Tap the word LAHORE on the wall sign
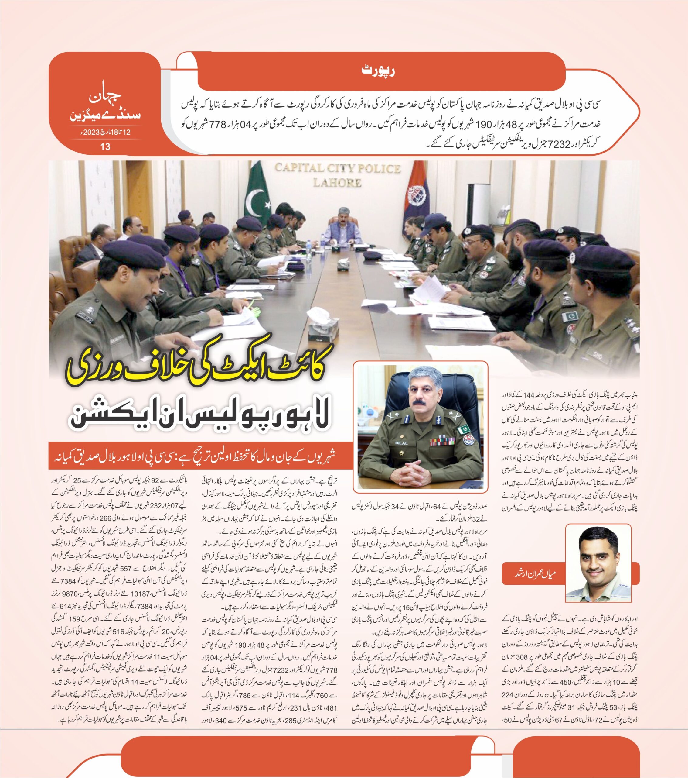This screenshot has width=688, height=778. click(x=337, y=183)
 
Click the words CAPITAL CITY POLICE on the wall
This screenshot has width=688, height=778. click(x=337, y=168)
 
